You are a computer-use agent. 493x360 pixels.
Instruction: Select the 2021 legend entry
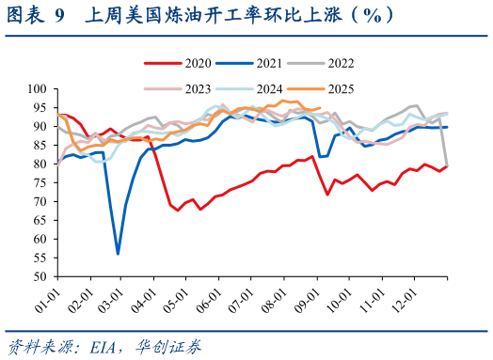click(x=256, y=63)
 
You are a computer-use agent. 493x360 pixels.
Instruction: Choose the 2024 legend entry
click(x=256, y=88)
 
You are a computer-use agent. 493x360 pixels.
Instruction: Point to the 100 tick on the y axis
click(x=39, y=88)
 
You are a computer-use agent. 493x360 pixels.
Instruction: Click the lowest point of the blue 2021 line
click(x=118, y=254)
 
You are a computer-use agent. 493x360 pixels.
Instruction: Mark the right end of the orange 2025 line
click(x=321, y=108)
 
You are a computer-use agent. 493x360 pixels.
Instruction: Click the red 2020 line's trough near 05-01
click(x=178, y=210)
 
